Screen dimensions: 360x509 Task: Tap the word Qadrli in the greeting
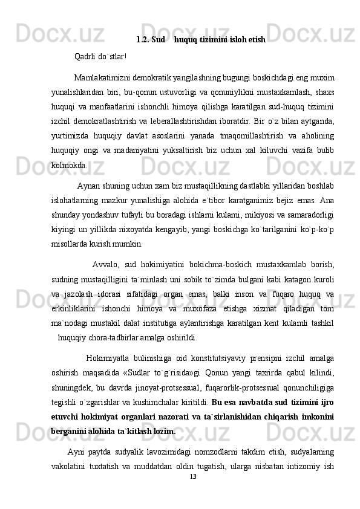pyautogui.click(x=85, y=57)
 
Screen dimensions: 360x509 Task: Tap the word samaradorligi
pyautogui.click(x=310, y=215)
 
